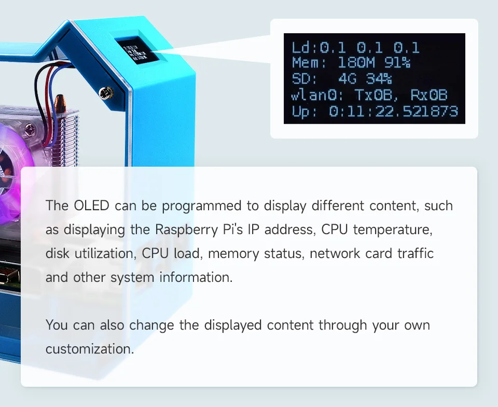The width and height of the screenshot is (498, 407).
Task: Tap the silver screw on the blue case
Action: point(106,93)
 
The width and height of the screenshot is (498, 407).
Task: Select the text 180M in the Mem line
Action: point(356,63)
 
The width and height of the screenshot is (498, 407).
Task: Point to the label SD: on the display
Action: point(305,78)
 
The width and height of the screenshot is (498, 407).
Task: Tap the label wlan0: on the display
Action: point(317,95)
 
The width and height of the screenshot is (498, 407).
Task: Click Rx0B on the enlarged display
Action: point(429,95)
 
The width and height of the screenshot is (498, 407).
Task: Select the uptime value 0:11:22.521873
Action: point(394,112)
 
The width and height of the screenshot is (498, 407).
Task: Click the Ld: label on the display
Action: point(305,48)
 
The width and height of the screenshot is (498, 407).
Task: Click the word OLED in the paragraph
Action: point(91,206)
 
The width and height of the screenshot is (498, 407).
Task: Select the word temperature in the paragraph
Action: point(393,229)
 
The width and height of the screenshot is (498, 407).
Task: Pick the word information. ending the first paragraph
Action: point(196,277)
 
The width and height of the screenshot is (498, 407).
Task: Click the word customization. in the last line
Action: point(90,349)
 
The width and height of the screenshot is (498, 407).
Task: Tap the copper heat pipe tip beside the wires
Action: point(60,102)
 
